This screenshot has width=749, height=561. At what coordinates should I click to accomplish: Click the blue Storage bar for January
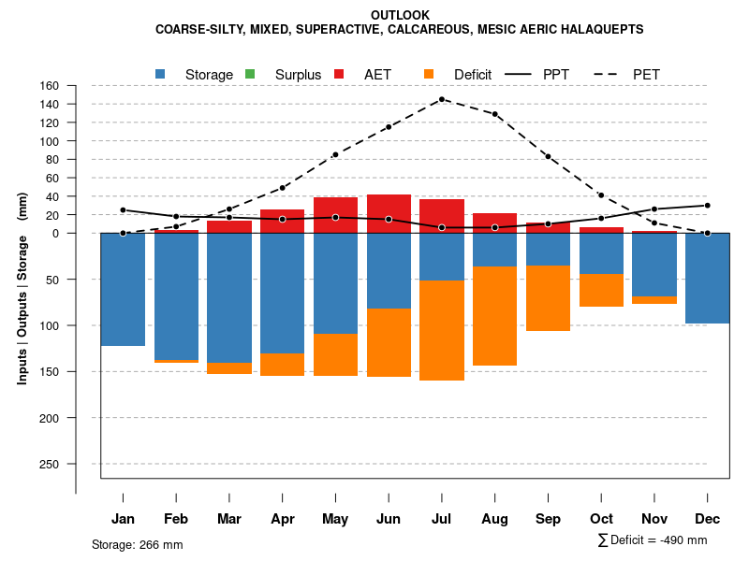tap(123, 290)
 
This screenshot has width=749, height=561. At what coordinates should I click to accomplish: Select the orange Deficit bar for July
tap(442, 330)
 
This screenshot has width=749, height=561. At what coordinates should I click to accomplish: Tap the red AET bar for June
tap(389, 213)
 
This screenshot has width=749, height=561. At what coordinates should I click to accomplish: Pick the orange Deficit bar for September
tap(549, 297)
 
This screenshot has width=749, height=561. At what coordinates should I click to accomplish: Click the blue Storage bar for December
tap(707, 279)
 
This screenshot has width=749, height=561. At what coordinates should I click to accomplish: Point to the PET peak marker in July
tap(442, 99)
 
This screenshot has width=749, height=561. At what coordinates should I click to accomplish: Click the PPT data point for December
tap(707, 205)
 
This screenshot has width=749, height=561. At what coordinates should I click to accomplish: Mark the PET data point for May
tap(335, 154)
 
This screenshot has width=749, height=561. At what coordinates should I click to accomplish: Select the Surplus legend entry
tap(298, 75)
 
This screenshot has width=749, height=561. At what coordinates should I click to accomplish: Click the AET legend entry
tap(377, 75)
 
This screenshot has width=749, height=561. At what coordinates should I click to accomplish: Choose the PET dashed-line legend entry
tap(646, 75)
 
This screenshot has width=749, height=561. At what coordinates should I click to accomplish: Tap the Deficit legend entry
tap(473, 75)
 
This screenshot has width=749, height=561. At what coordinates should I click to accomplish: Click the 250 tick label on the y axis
tap(49, 464)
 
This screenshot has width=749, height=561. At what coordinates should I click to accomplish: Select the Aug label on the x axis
tap(494, 519)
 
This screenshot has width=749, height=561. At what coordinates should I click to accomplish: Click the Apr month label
tap(282, 519)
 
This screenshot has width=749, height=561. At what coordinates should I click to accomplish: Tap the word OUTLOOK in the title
tap(401, 15)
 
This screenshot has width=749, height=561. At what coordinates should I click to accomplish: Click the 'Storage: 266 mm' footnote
tap(138, 544)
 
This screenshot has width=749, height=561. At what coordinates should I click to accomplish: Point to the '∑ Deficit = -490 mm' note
tap(653, 540)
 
